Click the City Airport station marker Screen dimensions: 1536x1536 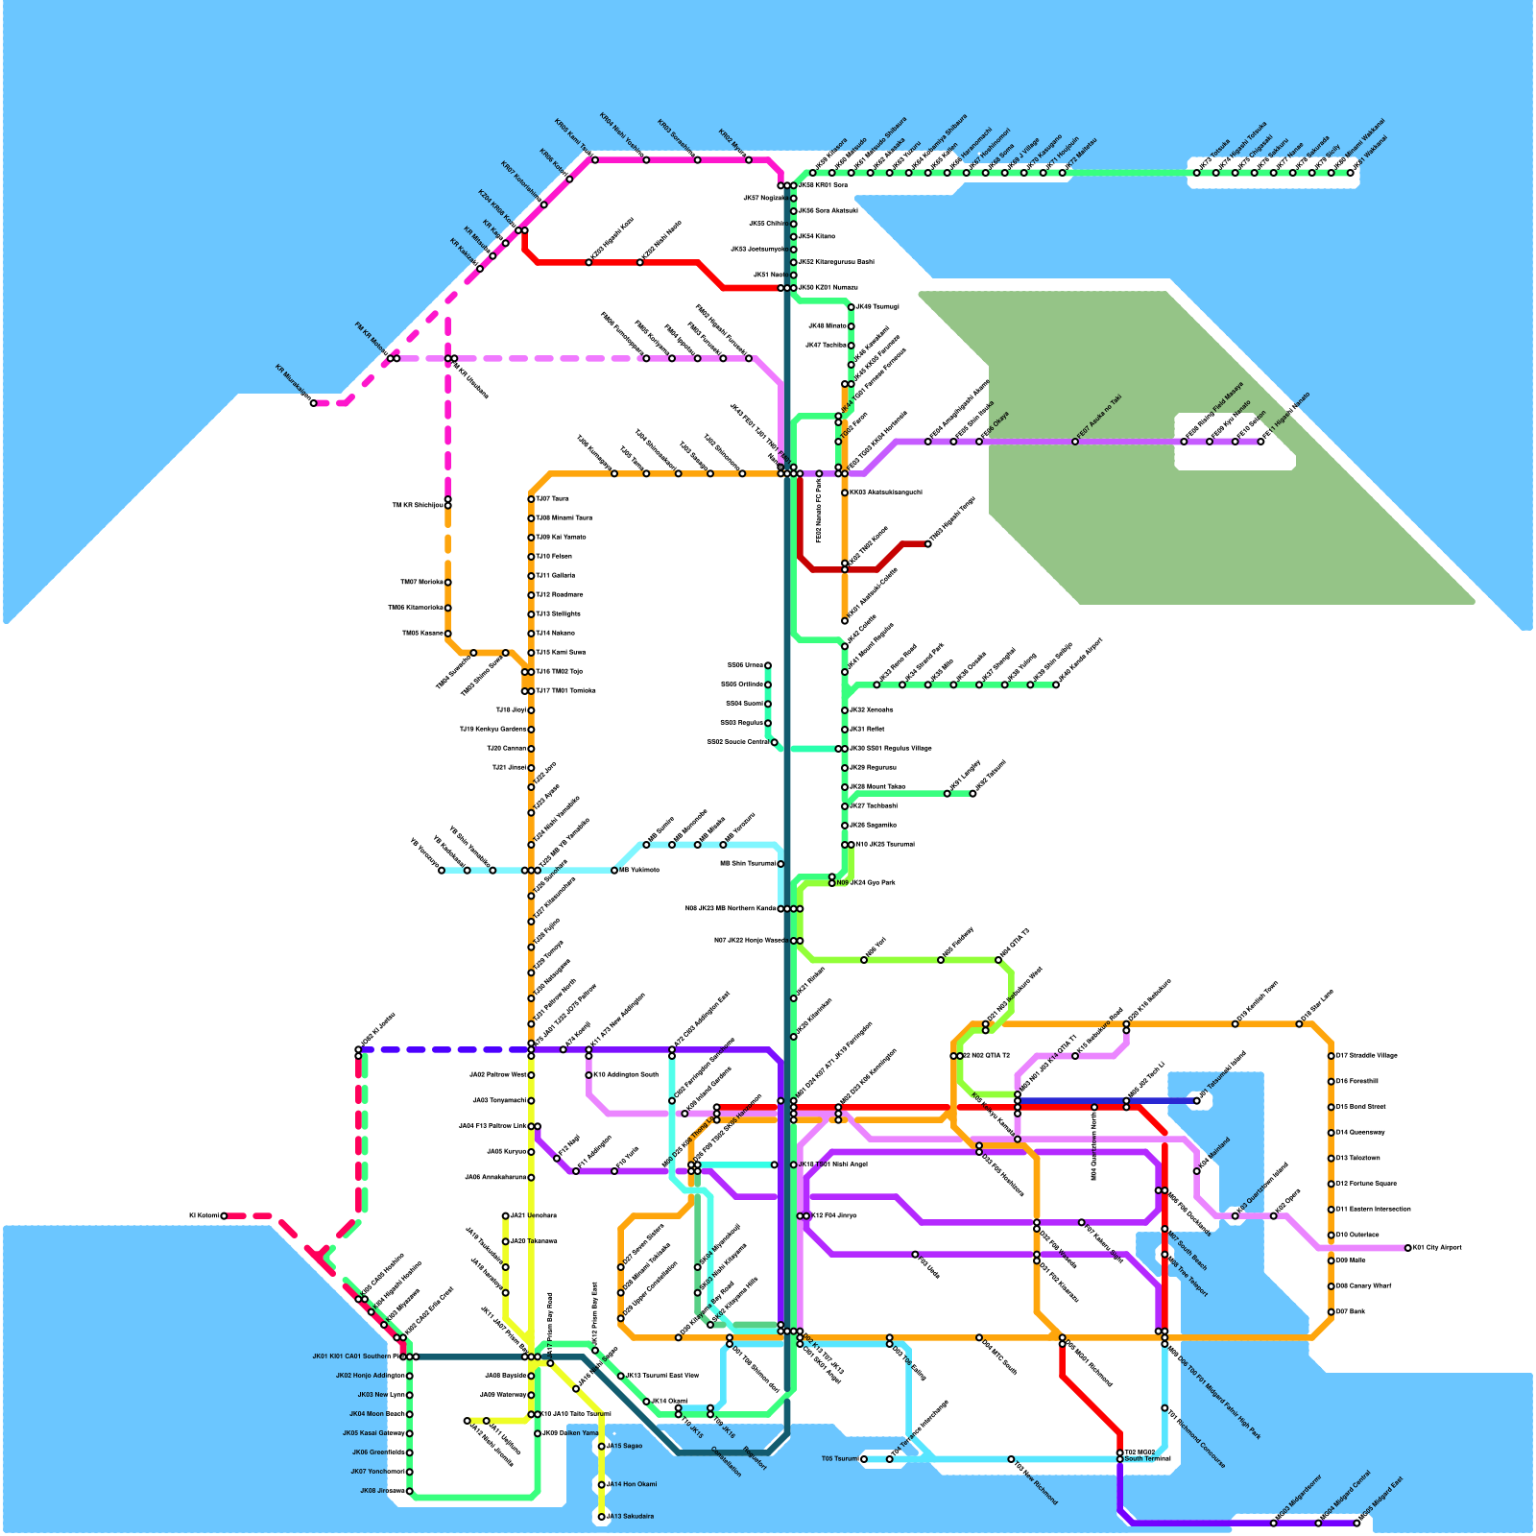click(1408, 1248)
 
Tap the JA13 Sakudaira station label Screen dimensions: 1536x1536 click(632, 1517)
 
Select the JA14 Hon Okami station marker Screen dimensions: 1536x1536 click(602, 1485)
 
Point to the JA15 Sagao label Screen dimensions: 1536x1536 click(626, 1446)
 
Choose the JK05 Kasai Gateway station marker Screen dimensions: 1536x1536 click(410, 1433)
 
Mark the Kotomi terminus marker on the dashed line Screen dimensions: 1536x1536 click(224, 1215)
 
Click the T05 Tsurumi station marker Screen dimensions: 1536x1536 click(864, 1459)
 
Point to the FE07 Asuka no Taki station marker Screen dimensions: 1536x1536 click(1075, 442)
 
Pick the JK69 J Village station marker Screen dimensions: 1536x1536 click(1005, 173)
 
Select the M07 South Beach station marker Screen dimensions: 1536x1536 click(1164, 1229)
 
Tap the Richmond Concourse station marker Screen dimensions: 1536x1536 click(1164, 1408)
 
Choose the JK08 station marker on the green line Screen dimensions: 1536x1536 click(410, 1491)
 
